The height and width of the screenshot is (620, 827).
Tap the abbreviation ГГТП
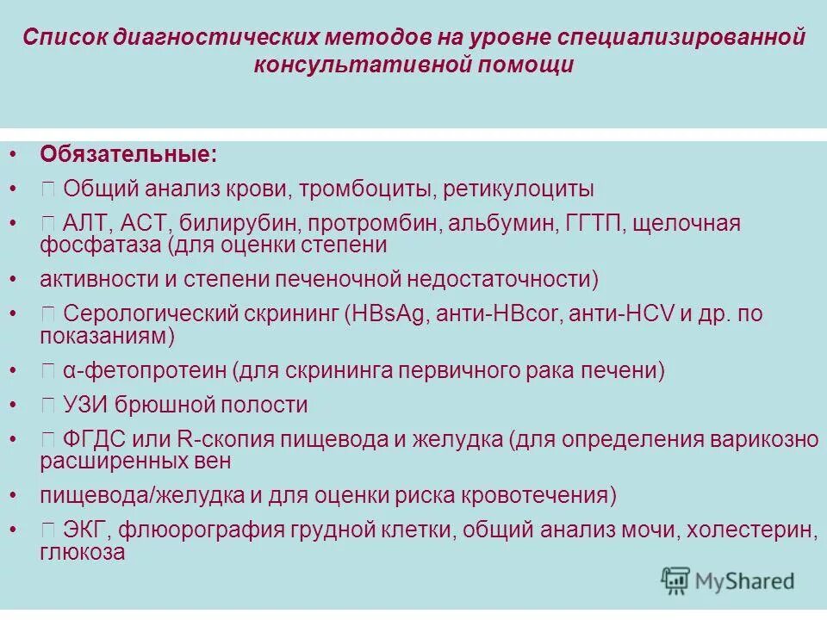click(x=594, y=224)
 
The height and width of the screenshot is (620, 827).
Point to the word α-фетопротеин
click(x=143, y=372)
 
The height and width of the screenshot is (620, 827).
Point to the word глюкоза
click(x=83, y=553)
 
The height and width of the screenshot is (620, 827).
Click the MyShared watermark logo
click(x=727, y=580)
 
